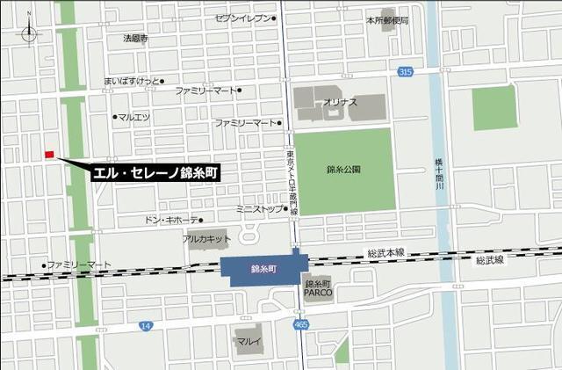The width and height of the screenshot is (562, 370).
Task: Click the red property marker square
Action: click(49, 155)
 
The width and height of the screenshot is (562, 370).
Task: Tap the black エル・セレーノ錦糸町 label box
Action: click(156, 174)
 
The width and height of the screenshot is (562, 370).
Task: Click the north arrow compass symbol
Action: click(30, 33)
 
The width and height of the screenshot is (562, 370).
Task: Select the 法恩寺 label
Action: click(135, 39)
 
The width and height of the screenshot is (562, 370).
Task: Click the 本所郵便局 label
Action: click(387, 18)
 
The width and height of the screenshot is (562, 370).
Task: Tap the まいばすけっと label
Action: click(130, 81)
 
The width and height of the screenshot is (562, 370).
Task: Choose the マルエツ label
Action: click(133, 116)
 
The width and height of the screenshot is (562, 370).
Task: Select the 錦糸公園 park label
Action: click(343, 169)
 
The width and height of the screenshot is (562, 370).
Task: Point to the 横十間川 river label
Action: click(439, 181)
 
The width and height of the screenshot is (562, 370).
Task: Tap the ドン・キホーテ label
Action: click(170, 220)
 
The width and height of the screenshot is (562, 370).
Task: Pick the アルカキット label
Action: click(206, 239)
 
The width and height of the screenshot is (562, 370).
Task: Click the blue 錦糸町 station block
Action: click(263, 269)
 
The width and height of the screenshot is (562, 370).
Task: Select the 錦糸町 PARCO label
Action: click(317, 288)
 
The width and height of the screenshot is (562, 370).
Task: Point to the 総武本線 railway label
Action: click(386, 253)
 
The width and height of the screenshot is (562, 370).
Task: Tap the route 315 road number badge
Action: click(404, 71)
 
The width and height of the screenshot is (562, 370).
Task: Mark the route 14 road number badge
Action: click(146, 326)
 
